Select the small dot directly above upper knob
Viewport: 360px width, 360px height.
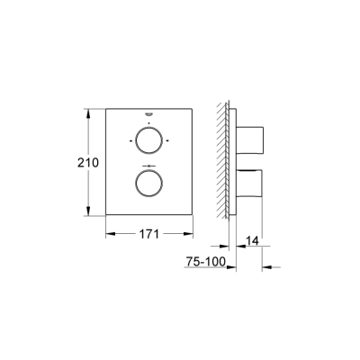pyautogui.click(x=148, y=122)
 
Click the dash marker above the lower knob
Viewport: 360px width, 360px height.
pyautogui.click(x=148, y=166)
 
